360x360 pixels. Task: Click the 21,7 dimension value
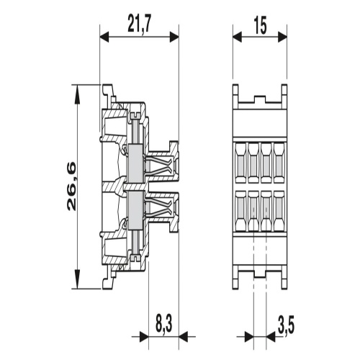pyautogui.click(x=139, y=23)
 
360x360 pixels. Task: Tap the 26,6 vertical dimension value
pyautogui.click(x=71, y=186)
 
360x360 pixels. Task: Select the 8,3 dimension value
pyautogui.click(x=164, y=325)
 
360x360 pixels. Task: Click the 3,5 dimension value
pyautogui.click(x=286, y=325)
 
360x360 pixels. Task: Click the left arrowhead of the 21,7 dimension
pyautogui.click(x=104, y=37)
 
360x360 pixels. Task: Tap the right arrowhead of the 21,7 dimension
pyautogui.click(x=174, y=37)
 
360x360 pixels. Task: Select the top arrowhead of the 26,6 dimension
pyautogui.click(x=77, y=94)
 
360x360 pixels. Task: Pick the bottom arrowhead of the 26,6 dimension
pyautogui.click(x=77, y=279)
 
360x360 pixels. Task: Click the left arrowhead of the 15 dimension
pyautogui.click(x=238, y=37)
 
